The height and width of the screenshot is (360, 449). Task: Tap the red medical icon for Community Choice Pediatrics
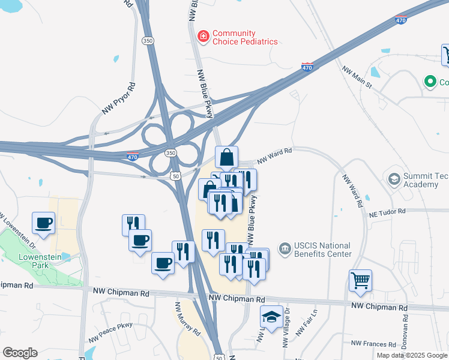click(x=203, y=37)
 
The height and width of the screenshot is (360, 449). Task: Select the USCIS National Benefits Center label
click(x=322, y=250)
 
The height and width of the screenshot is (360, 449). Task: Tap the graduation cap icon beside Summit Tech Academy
click(x=394, y=179)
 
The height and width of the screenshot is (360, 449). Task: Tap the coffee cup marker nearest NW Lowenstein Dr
click(x=44, y=223)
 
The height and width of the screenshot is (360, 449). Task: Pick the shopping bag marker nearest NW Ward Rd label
click(x=227, y=157)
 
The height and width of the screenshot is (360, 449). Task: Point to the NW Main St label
click(x=357, y=77)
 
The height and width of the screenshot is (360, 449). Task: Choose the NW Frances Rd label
click(x=373, y=344)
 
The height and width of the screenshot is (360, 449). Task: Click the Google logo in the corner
click(x=20, y=352)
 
